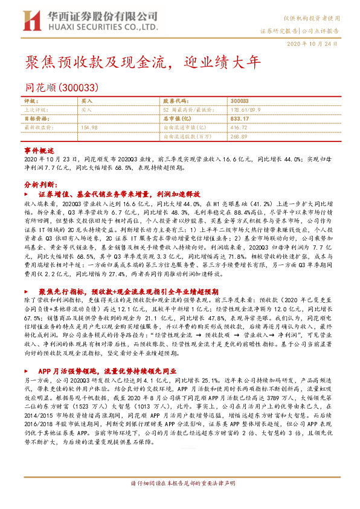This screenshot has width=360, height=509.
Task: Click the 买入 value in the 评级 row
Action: [x=86, y=101]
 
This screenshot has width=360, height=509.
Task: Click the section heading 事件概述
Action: [x=39, y=149]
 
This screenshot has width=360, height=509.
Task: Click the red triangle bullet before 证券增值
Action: [x=31, y=195]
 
